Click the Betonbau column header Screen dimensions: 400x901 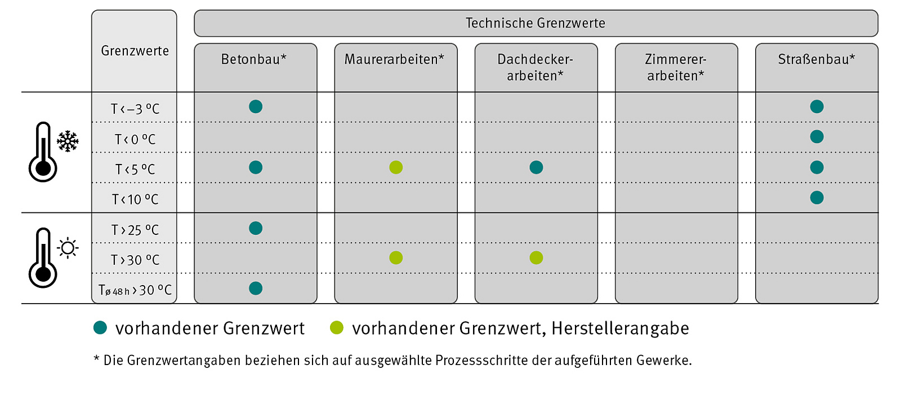click(254, 59)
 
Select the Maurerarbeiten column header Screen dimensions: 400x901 click(394, 59)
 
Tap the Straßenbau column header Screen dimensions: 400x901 click(817, 59)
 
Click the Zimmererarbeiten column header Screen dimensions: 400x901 click(676, 67)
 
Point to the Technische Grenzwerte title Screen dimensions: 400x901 click(536, 23)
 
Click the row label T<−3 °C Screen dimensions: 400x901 click(135, 109)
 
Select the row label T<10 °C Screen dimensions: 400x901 click(135, 199)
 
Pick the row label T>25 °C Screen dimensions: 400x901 click(135, 230)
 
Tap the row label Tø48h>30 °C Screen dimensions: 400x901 click(135, 290)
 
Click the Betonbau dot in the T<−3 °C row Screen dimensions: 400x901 click(256, 106)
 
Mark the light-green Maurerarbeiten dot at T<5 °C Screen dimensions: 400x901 click(396, 167)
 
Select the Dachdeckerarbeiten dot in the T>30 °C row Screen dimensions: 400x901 click(536, 258)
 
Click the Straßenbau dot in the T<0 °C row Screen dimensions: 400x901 click(817, 137)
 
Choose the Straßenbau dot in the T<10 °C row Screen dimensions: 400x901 click(817, 198)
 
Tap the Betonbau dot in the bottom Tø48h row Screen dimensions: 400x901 click(256, 288)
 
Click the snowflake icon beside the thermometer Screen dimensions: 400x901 click(68, 141)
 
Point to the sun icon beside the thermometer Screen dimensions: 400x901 click(68, 248)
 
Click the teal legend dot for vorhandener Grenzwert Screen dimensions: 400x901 click(100, 328)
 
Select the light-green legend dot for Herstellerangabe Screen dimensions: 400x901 click(337, 328)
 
